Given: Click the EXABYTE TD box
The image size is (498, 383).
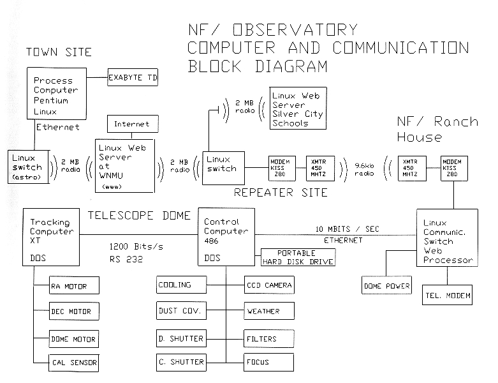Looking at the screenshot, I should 132,78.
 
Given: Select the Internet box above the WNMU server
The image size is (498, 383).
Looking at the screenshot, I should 131,123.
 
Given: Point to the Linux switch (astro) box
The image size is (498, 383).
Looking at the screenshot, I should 26,167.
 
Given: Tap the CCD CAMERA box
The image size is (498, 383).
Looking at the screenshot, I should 270,285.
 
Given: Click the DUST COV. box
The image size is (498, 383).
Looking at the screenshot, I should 181,311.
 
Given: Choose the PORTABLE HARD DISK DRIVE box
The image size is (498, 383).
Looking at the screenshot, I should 297,257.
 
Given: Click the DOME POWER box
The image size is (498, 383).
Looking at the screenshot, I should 385,285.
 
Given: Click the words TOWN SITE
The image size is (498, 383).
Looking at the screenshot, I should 59,52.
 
